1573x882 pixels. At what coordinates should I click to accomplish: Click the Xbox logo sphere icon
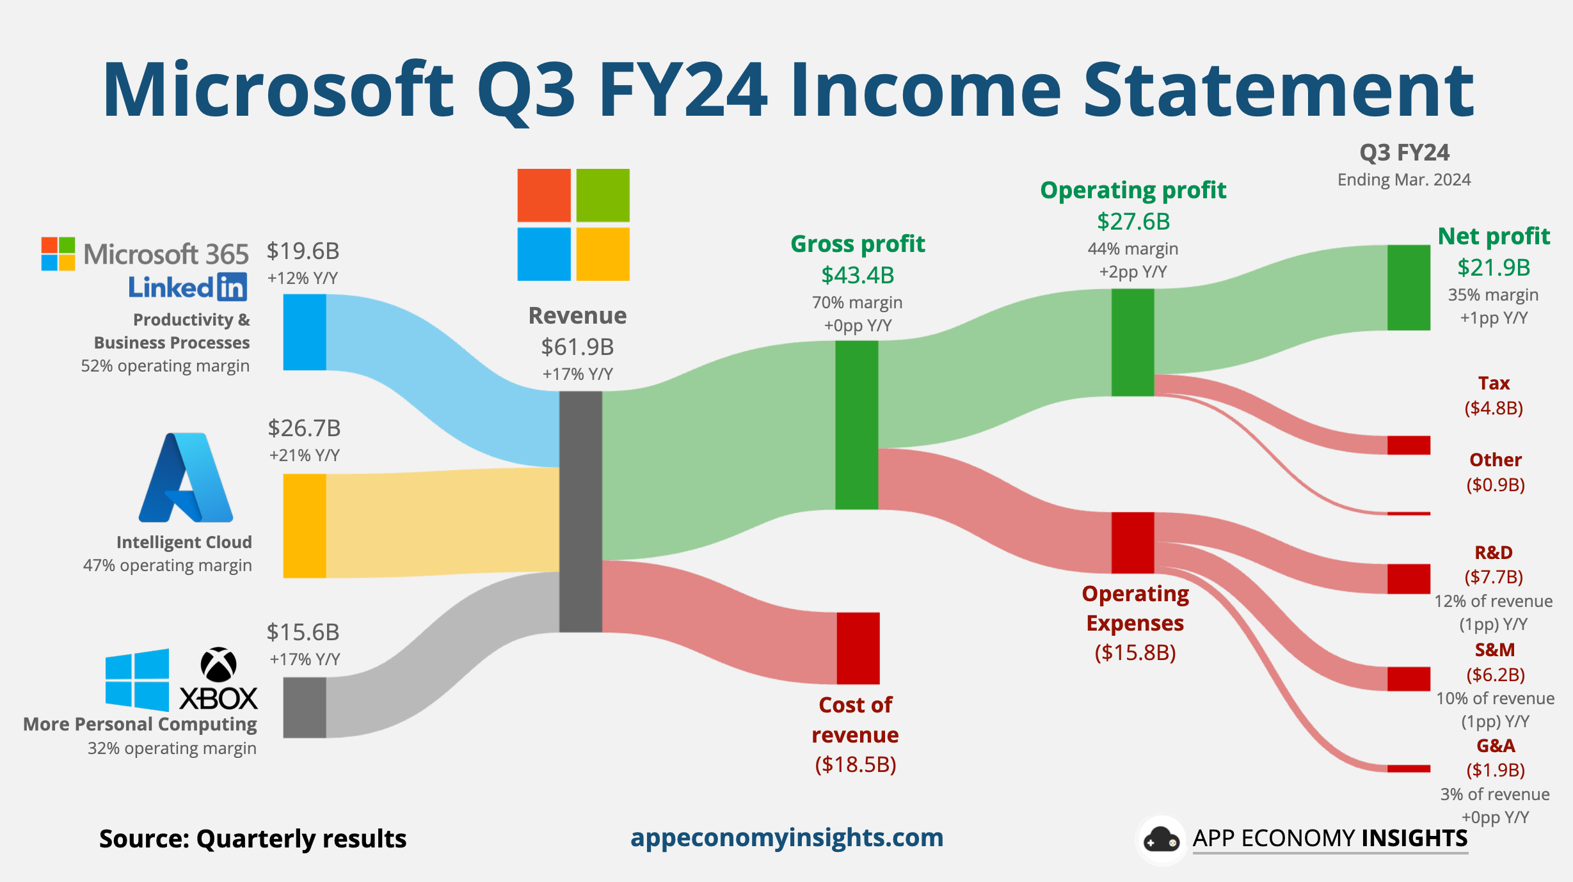point(218,665)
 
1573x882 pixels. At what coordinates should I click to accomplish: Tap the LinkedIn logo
point(188,287)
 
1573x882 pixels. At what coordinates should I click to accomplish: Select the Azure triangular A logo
point(186,478)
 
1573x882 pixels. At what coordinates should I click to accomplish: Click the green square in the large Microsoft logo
point(603,195)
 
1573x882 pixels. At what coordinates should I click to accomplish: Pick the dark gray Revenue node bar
point(580,512)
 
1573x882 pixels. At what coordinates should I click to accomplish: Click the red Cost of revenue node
point(858,648)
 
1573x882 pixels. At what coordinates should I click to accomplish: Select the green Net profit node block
point(1409,287)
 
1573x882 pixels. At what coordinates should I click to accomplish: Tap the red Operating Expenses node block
point(1133,542)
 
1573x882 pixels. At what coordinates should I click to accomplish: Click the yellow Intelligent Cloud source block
point(305,526)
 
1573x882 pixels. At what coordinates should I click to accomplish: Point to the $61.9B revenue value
point(577,347)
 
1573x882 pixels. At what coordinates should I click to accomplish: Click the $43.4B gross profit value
point(858,276)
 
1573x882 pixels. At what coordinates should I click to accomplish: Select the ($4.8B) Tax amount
point(1494,408)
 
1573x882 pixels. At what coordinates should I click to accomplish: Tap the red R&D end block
point(1409,579)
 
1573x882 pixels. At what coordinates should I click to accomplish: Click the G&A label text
point(1496,746)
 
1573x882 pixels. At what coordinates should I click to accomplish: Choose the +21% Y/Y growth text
point(305,455)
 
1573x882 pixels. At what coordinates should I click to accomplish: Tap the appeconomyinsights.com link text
point(786,837)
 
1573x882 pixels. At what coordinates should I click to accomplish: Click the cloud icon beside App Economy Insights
point(1161,840)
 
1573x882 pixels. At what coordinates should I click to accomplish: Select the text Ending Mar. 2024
point(1404,180)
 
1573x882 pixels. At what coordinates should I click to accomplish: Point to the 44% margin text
point(1133,249)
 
